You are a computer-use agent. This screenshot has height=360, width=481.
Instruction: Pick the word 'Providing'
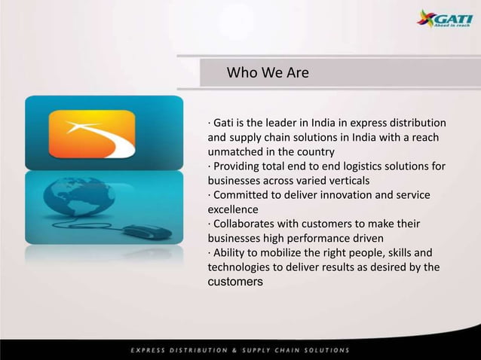tap(239, 166)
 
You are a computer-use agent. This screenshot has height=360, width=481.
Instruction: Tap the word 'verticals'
tap(347, 180)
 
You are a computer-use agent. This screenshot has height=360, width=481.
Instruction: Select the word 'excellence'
tap(233, 209)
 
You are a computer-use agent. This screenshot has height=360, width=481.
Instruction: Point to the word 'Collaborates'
tap(245, 224)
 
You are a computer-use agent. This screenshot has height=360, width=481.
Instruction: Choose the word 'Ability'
tap(228, 252)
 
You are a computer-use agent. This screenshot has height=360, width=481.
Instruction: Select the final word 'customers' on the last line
tap(235, 282)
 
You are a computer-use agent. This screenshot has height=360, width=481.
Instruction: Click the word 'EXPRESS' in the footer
tap(152, 350)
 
